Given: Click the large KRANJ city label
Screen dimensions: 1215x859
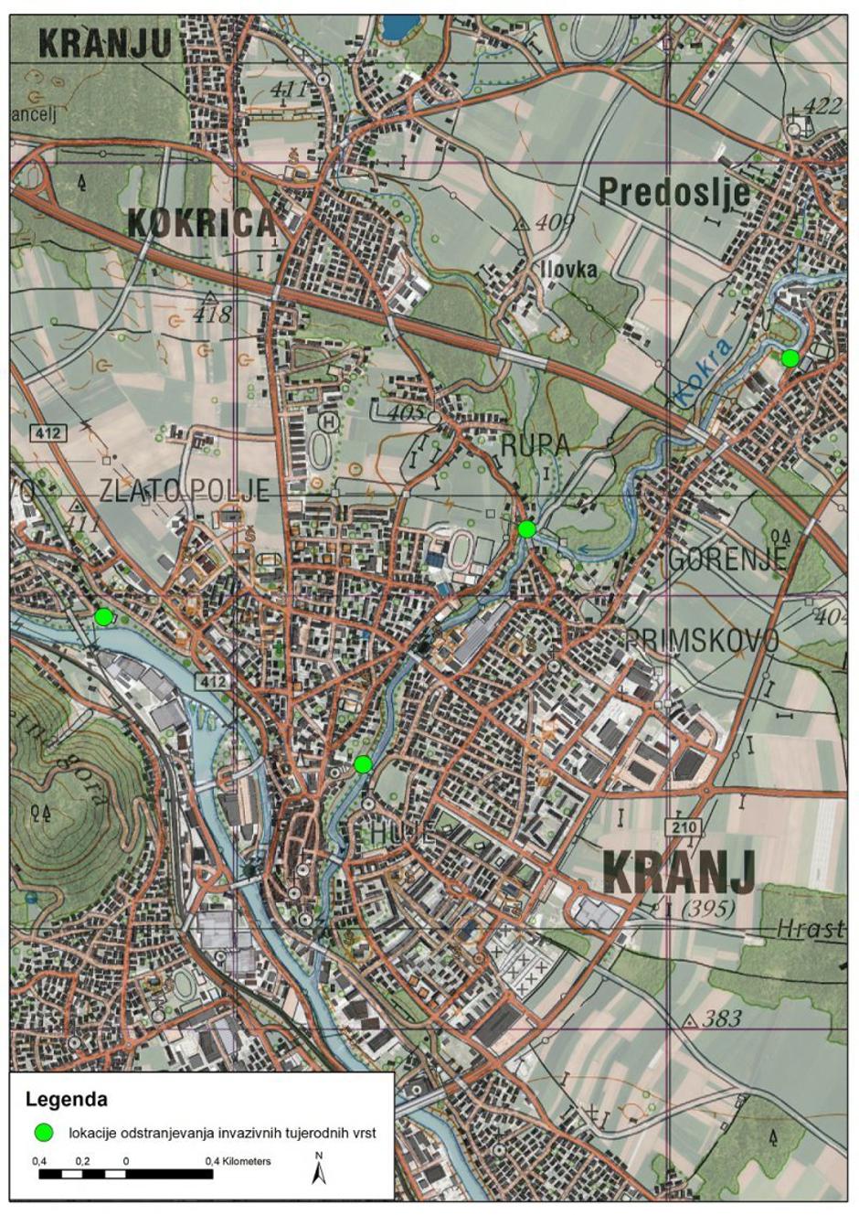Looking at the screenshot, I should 679,872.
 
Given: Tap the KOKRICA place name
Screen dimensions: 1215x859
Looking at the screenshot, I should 200,222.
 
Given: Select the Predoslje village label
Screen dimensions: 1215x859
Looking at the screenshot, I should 673,193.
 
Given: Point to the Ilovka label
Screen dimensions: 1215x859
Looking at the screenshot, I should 568,270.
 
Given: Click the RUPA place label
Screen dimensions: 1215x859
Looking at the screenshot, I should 535,445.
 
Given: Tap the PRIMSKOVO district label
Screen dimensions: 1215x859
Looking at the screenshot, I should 702,640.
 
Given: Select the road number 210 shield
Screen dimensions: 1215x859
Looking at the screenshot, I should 683,827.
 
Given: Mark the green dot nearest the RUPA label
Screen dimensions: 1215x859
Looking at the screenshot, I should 526,528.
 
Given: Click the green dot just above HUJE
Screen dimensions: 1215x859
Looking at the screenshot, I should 363,764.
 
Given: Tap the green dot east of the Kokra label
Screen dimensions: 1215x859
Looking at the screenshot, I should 790,358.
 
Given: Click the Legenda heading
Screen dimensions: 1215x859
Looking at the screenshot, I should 67,1099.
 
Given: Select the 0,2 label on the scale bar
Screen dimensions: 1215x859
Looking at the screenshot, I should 82,1160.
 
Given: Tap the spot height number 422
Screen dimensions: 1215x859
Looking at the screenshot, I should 822,106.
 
